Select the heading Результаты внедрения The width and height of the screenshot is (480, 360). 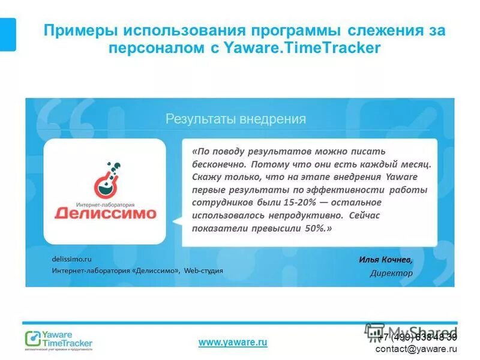(x=236, y=119)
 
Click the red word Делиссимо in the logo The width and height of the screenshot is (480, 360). (x=105, y=213)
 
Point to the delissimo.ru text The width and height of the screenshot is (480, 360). (x=71, y=259)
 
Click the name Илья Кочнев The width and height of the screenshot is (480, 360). (x=385, y=260)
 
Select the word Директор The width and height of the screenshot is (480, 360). (x=391, y=273)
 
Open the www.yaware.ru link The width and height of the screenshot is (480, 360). (x=233, y=342)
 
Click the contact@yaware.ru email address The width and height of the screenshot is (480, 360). (x=416, y=349)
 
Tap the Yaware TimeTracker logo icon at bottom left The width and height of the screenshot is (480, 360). (x=32, y=339)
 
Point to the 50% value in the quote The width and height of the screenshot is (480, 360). (x=313, y=229)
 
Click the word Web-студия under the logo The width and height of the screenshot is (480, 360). (x=203, y=271)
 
